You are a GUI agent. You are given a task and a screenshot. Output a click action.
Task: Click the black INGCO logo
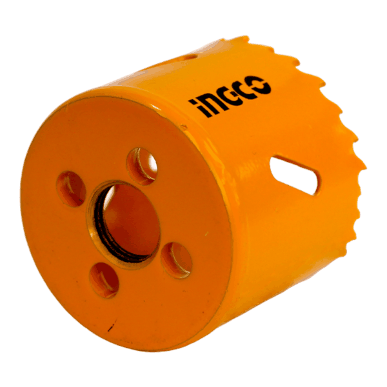click(230, 95)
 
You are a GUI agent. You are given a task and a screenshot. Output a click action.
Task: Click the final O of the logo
click(261, 85)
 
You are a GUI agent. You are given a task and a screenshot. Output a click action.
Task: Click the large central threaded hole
click(124, 224)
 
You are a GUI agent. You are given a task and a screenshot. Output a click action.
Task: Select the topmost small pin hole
click(142, 166)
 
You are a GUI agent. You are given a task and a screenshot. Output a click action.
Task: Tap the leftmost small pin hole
click(71, 188)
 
